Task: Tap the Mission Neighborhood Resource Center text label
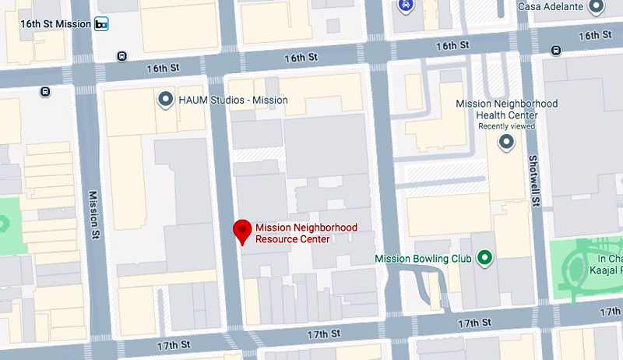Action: [x=306, y=233]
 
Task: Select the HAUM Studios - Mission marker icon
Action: [x=165, y=100]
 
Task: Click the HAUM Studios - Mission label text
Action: [x=233, y=100]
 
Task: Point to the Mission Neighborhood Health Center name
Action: [x=507, y=109]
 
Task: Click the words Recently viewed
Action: [x=507, y=125]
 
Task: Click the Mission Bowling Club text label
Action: [x=423, y=259]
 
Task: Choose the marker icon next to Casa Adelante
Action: [x=597, y=6]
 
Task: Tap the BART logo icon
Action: [x=101, y=25]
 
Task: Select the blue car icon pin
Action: [x=404, y=5]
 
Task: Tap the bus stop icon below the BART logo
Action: [x=121, y=56]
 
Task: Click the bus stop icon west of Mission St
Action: [x=46, y=91]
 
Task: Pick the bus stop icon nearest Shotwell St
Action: [x=556, y=51]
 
